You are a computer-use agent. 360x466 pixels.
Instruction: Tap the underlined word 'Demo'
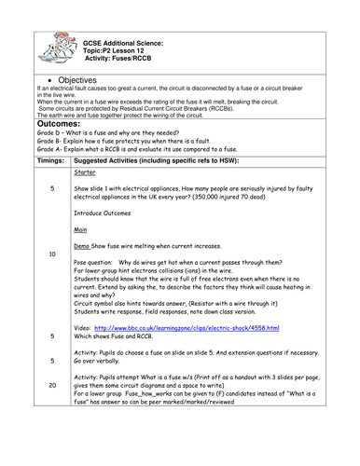pyautogui.click(x=82, y=245)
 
